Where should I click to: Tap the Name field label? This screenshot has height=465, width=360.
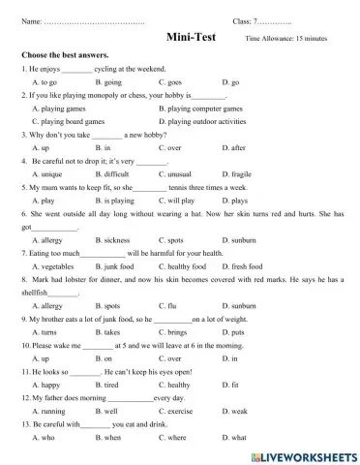tap(32, 20)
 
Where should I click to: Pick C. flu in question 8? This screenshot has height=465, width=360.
tap(169, 305)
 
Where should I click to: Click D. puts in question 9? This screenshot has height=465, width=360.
tap(231, 332)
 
